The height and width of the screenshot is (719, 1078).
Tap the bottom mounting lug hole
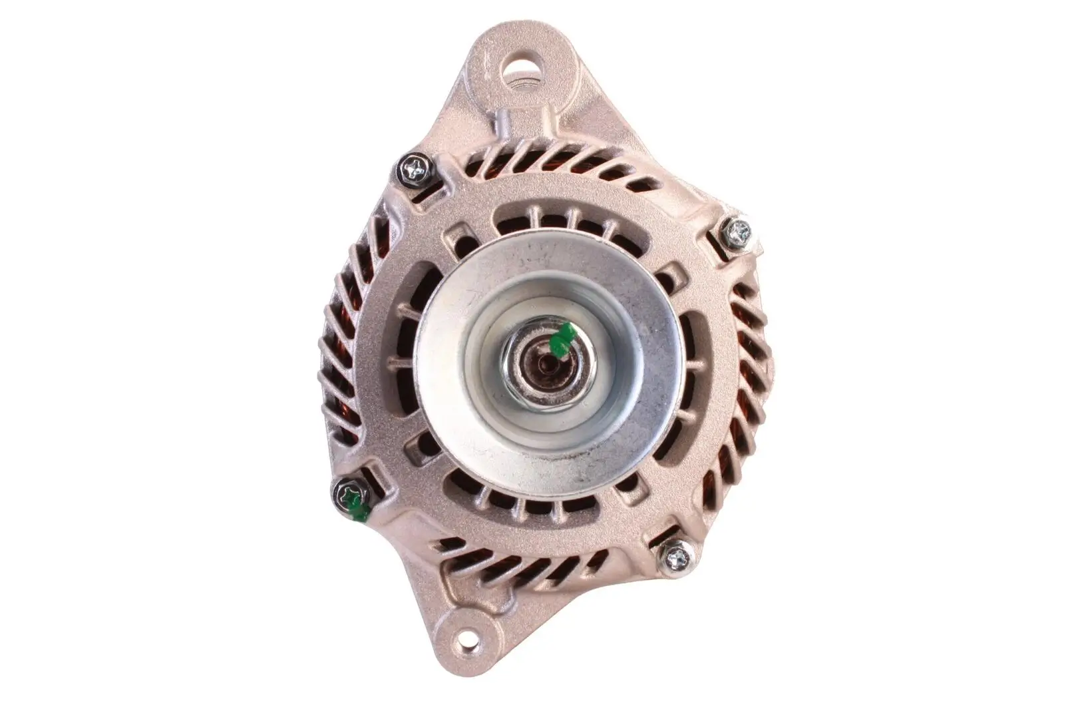[466, 641]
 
